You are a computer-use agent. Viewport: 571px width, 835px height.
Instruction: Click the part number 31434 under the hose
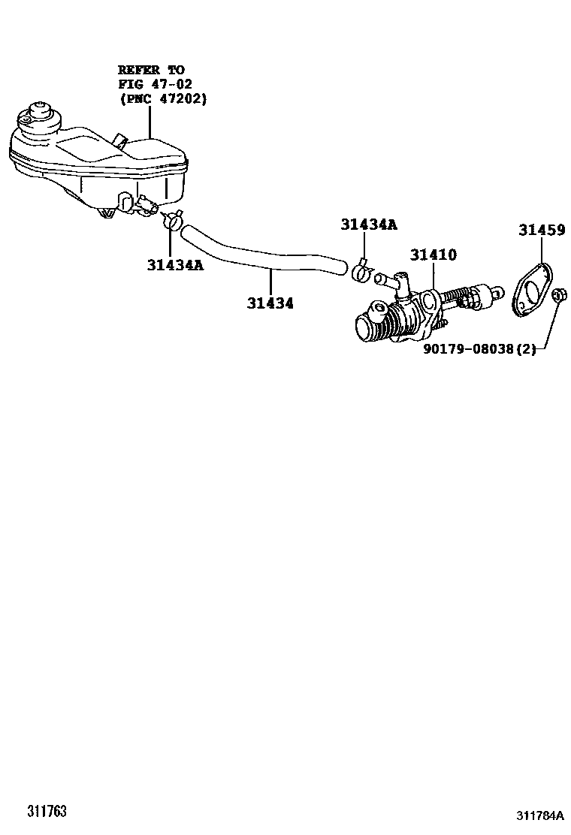(x=270, y=303)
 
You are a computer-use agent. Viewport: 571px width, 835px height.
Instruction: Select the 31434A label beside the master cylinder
(x=368, y=225)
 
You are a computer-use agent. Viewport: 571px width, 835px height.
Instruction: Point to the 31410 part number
(x=433, y=255)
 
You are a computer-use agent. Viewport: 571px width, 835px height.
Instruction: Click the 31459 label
(x=541, y=231)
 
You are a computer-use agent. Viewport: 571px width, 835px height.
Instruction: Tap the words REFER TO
(x=151, y=70)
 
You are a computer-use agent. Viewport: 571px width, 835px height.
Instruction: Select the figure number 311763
(x=47, y=812)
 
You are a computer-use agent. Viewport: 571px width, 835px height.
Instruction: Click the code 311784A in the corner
(x=539, y=815)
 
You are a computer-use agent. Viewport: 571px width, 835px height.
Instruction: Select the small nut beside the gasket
(x=559, y=296)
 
